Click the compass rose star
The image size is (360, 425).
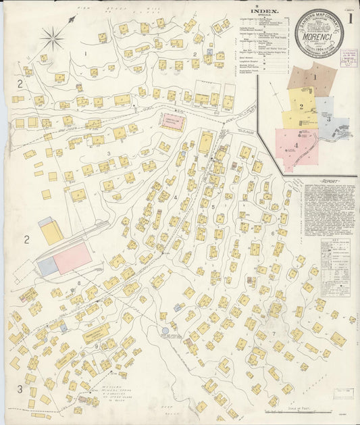click(52, 38)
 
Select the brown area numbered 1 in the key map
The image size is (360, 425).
click(312, 78)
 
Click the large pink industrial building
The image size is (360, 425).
click(72, 258)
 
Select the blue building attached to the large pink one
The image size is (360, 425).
click(47, 267)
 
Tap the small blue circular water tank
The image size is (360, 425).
click(165, 331)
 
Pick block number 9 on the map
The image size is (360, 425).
click(97, 346)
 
